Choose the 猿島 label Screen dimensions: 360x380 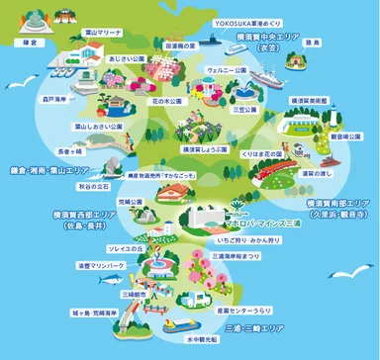(313, 44)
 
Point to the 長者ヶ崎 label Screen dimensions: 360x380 (70, 153)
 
